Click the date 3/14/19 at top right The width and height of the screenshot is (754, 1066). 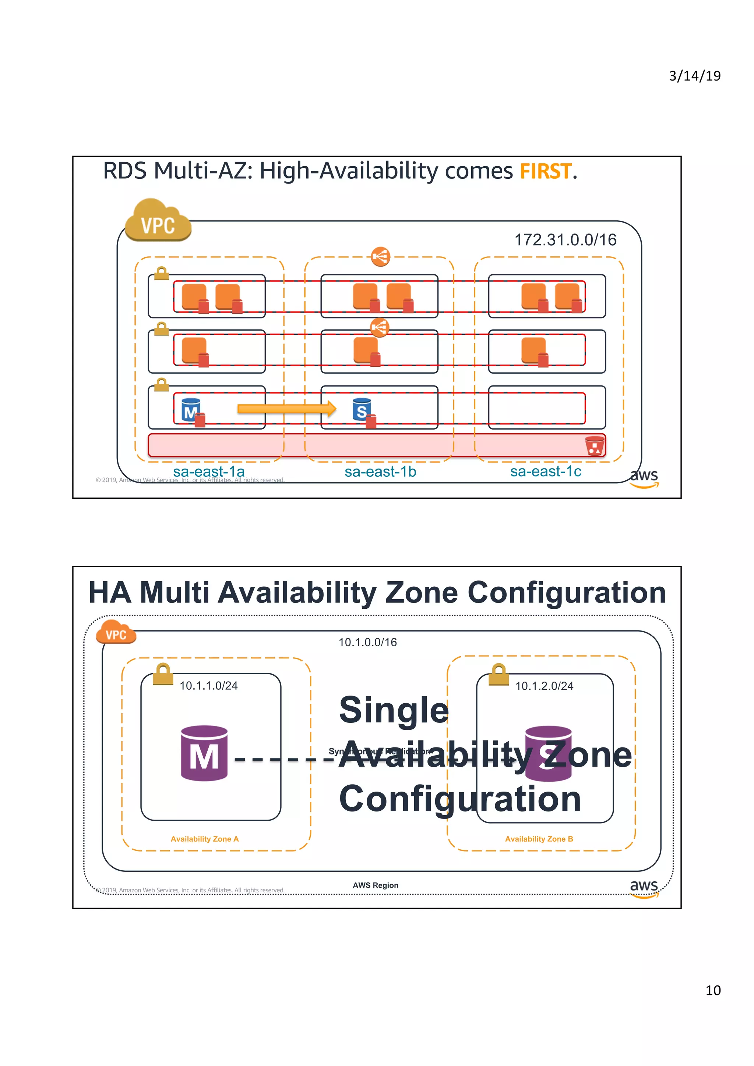(694, 76)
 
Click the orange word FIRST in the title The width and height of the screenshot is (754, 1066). (545, 171)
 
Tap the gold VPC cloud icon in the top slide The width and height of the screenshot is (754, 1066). (158, 221)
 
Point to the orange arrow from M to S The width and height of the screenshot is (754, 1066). (286, 409)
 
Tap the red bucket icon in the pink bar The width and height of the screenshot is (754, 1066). (594, 446)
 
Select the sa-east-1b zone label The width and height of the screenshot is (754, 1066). (380, 472)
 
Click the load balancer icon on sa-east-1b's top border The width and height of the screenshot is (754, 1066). (380, 256)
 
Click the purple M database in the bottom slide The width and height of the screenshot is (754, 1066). (204, 753)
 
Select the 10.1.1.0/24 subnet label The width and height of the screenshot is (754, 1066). (209, 686)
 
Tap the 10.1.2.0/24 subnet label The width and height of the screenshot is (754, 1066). (544, 686)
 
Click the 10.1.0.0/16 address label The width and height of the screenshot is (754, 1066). (367, 642)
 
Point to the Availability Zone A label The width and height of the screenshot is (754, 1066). (204, 839)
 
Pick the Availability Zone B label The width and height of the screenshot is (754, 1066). (539, 839)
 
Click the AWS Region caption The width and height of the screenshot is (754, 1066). (376, 885)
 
